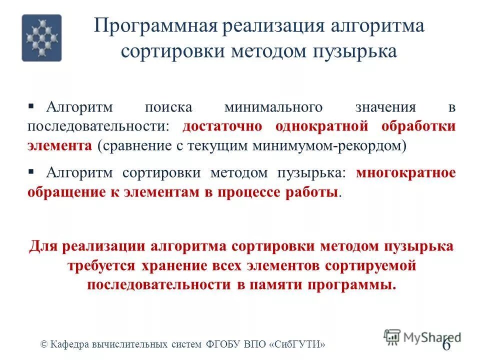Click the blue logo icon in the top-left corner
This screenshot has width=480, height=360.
pos(41,38)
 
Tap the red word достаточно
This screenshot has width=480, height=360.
pos(222,126)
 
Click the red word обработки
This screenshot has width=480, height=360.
pos(419,126)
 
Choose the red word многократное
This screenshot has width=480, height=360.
pos(406,173)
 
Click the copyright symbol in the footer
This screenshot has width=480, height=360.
pos(43,344)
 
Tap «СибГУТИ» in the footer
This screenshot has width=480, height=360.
pos(299,344)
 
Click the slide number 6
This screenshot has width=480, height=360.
pos(446,344)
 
